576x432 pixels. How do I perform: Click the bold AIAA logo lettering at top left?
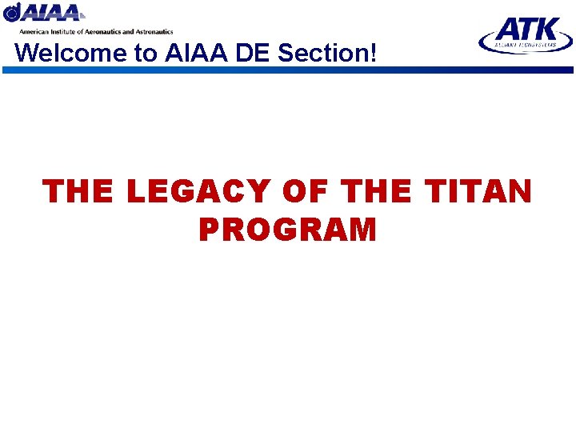point(53,14)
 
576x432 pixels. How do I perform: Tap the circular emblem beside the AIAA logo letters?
point(12,13)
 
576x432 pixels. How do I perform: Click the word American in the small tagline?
point(36,31)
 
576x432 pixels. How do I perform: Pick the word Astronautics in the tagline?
point(154,31)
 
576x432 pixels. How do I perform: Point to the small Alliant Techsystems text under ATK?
point(526,46)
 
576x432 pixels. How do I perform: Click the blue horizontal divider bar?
point(288,70)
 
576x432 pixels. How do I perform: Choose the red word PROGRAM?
point(287,230)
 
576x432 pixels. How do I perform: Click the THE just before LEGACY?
point(79,192)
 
